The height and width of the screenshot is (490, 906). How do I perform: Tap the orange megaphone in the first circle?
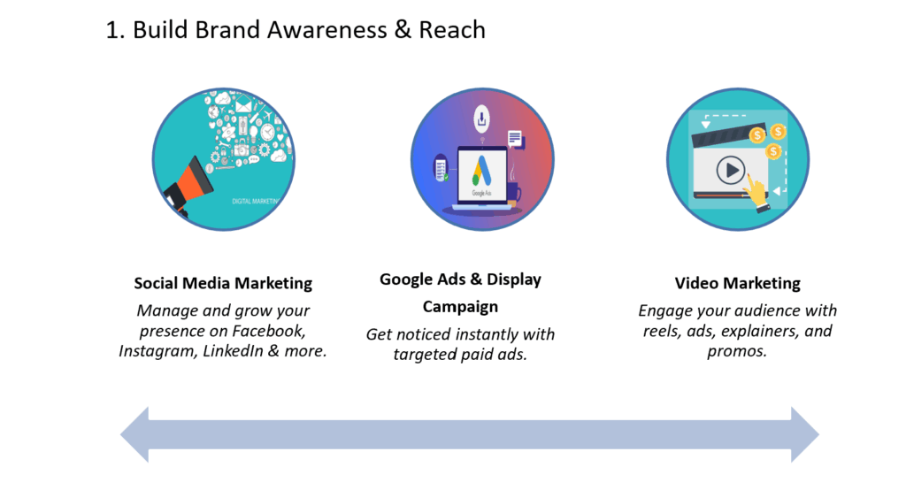point(190,185)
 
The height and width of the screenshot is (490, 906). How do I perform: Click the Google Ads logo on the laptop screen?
point(482,171)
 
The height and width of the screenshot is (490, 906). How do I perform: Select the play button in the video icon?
point(730,171)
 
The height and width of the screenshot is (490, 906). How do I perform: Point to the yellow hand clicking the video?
point(757,195)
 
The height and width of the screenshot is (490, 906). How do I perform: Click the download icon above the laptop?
point(481,119)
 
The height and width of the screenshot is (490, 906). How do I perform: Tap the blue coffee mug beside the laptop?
point(514,193)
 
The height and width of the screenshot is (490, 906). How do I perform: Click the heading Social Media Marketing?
point(223,283)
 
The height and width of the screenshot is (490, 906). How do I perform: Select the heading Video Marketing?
point(737,283)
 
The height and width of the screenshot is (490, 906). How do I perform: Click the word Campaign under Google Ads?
point(460,307)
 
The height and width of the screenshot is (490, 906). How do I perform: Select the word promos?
point(737,351)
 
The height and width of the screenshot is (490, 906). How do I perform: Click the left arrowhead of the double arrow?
point(134,434)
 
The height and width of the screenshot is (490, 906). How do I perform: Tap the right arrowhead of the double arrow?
point(805,434)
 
